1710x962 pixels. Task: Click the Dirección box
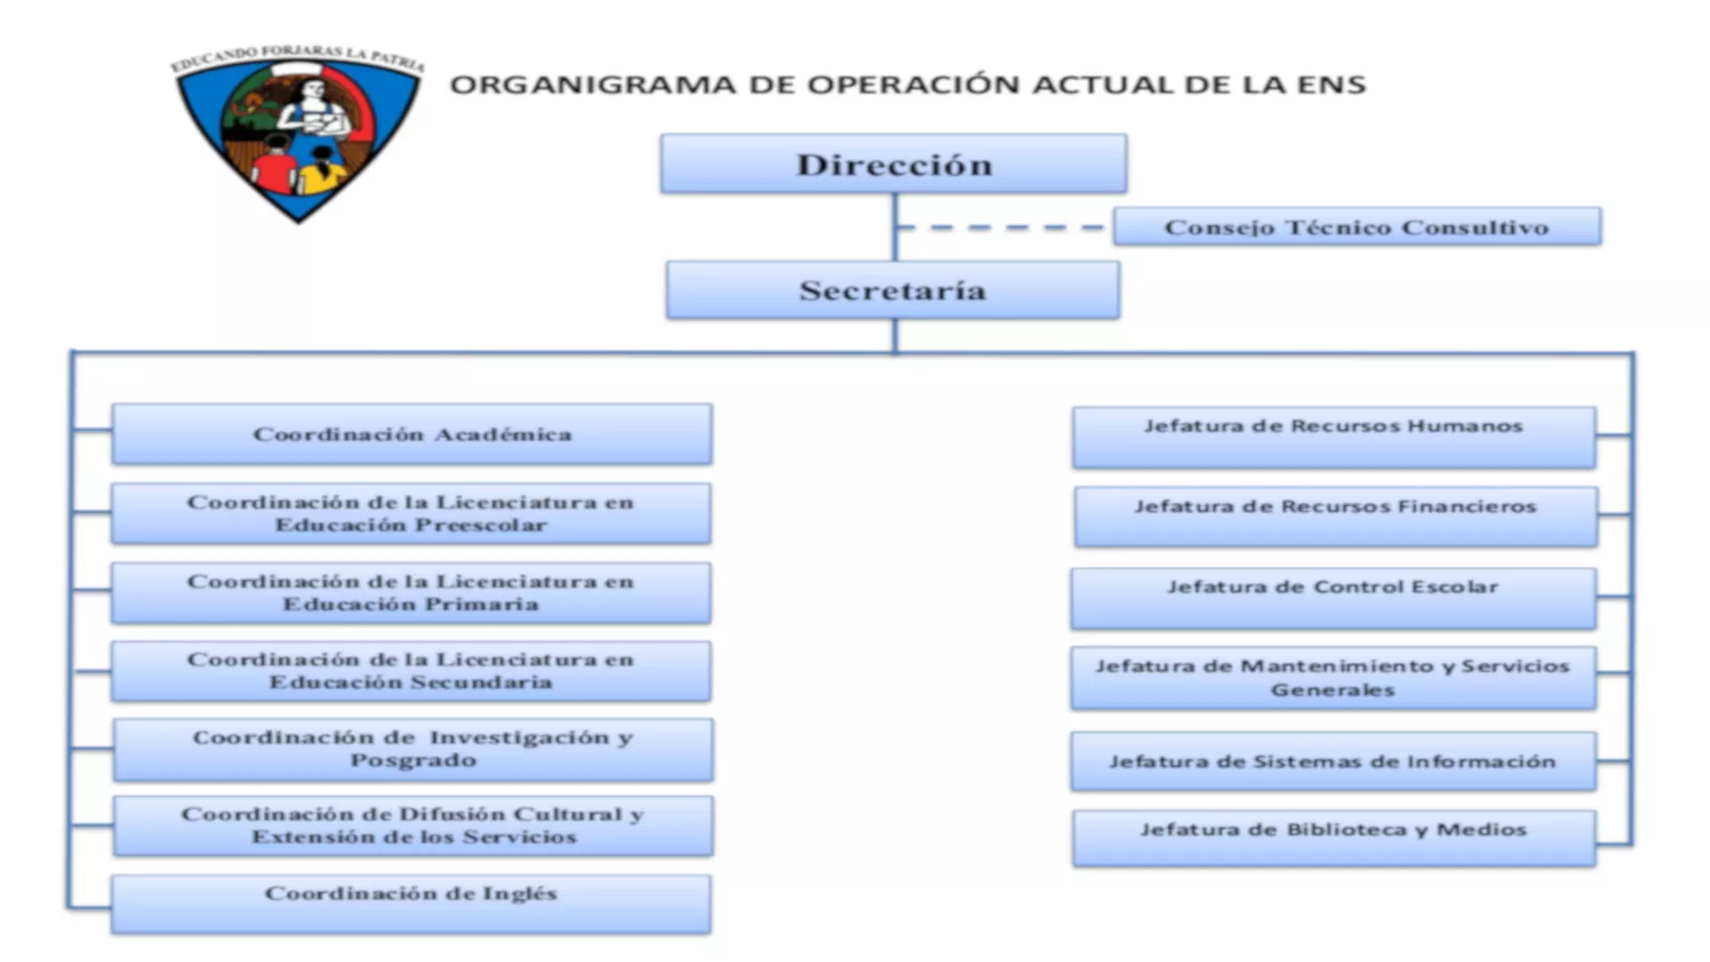click(x=893, y=164)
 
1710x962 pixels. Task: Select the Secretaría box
click(x=892, y=290)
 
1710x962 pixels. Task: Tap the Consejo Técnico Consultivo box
click(x=1356, y=227)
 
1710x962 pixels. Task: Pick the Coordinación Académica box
click(x=411, y=435)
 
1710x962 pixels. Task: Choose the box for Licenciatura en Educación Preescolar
click(x=411, y=514)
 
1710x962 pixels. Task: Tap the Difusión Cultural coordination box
click(x=412, y=827)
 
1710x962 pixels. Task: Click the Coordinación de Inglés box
click(x=411, y=904)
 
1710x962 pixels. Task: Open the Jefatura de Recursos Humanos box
click(x=1333, y=437)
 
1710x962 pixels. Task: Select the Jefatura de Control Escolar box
click(x=1333, y=599)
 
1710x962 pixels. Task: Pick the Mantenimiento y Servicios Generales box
click(x=1333, y=678)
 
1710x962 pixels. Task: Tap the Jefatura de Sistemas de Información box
click(x=1333, y=762)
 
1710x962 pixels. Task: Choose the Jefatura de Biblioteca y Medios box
click(x=1333, y=837)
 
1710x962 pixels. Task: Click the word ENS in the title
click(x=1331, y=86)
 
